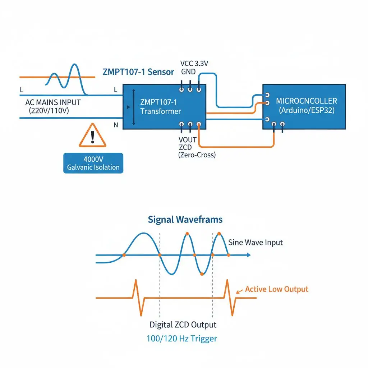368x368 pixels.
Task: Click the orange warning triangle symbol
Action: [x=92, y=136]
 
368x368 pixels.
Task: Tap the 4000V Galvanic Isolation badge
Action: [x=93, y=163]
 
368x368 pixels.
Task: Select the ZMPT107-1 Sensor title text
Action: [x=138, y=72]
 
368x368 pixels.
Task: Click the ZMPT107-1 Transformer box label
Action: [x=161, y=106]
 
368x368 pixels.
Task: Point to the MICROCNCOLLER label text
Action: [x=306, y=101]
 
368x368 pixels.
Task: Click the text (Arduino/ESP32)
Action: [x=307, y=110]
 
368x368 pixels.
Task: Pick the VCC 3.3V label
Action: [x=194, y=63]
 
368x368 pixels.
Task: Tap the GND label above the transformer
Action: [x=188, y=72]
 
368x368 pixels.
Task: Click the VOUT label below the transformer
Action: [x=187, y=140]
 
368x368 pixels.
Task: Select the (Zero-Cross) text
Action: [x=197, y=155]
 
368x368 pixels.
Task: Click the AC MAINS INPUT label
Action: [x=53, y=102]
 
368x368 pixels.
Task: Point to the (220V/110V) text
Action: [x=49, y=111]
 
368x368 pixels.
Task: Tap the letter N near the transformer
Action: [x=116, y=125]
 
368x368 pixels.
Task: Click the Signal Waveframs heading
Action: [x=185, y=220]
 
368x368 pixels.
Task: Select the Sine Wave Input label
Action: [x=256, y=243]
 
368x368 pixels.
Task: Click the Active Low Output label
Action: [x=276, y=289]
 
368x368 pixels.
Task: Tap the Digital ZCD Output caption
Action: [x=183, y=325]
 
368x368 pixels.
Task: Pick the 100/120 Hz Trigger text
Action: [x=182, y=339]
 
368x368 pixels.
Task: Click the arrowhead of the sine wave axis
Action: [x=249, y=255]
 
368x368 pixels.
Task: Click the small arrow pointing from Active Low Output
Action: [x=239, y=292]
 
